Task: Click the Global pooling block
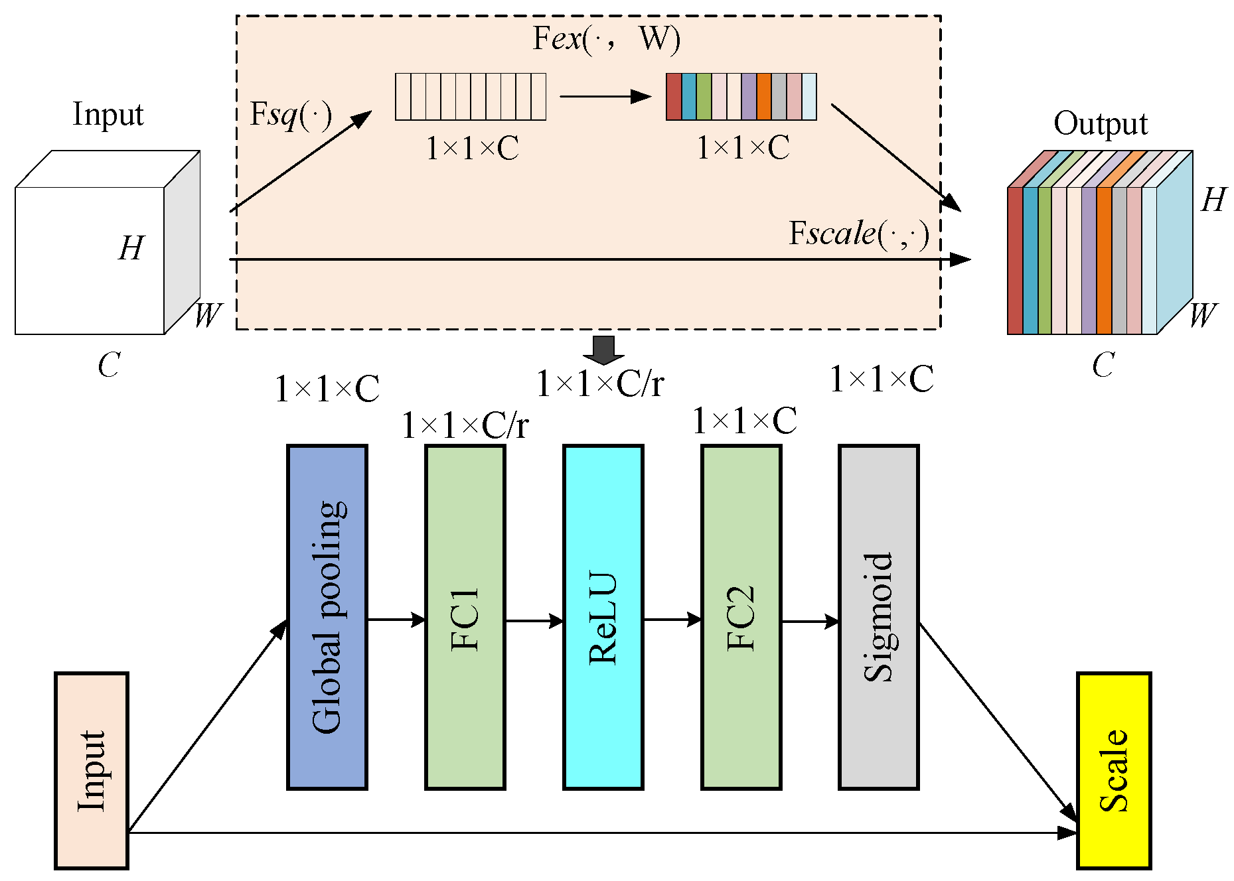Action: pyautogui.click(x=327, y=617)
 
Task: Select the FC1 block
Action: pyautogui.click(x=465, y=617)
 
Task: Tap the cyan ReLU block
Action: pyautogui.click(x=603, y=617)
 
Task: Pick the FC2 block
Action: pyautogui.click(x=741, y=617)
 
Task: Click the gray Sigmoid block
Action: pyautogui.click(x=878, y=617)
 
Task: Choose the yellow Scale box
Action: pyautogui.click(x=1113, y=770)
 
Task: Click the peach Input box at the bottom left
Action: pyautogui.click(x=92, y=770)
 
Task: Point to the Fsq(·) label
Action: pyautogui.click(x=290, y=115)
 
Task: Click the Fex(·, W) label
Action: pyautogui.click(x=606, y=38)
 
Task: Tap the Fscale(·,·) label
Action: pyautogui.click(x=858, y=234)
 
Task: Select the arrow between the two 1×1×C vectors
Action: pyautogui.click(x=605, y=97)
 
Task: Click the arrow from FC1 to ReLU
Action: pyautogui.click(x=534, y=621)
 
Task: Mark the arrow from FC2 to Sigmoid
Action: pyautogui.click(x=810, y=622)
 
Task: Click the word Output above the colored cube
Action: pyautogui.click(x=1100, y=124)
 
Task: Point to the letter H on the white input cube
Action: pyautogui.click(x=131, y=249)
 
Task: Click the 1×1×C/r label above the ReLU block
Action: pyautogui.click(x=599, y=383)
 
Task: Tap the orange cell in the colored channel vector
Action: pyautogui.click(x=763, y=97)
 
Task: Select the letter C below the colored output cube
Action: pyautogui.click(x=1103, y=365)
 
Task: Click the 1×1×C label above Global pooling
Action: pyautogui.click(x=327, y=389)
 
